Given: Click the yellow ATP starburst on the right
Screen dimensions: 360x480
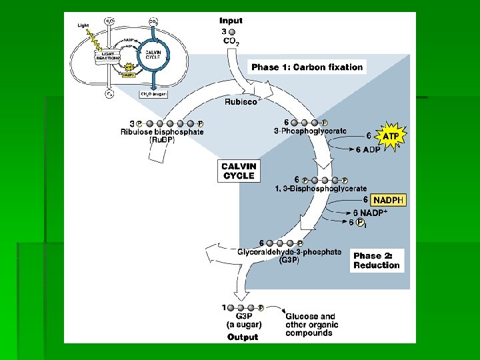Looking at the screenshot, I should [391, 136].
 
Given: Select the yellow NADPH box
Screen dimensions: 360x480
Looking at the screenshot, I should [389, 200].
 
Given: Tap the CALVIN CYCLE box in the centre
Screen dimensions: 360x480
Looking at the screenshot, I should [238, 171].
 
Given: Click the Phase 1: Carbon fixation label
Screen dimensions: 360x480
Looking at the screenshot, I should [307, 67].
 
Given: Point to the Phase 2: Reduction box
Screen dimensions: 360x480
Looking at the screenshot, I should [377, 260].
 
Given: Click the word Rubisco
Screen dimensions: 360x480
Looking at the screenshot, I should [241, 102].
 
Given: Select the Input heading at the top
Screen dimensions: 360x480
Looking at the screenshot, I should [231, 21].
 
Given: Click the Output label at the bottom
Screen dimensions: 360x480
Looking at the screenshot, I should [243, 337].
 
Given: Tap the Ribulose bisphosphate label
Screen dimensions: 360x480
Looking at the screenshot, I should [162, 131].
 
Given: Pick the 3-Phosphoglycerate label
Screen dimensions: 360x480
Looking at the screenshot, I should [310, 131].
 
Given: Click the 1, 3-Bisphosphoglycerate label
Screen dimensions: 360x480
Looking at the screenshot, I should [321, 189].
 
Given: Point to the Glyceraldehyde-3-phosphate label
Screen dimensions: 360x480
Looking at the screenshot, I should [289, 252].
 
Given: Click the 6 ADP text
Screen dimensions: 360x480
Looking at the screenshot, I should [367, 149].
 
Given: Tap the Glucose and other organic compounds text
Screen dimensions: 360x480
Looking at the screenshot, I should [311, 325].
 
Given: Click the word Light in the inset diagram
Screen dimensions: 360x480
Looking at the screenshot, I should [83, 25].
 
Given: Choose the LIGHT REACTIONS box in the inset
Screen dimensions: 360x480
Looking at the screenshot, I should [106, 56].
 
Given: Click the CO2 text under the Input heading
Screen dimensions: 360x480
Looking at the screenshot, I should [231, 41].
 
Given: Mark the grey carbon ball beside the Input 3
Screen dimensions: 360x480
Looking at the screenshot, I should [231, 31].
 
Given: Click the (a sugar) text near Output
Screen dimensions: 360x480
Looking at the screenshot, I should [244, 325].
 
